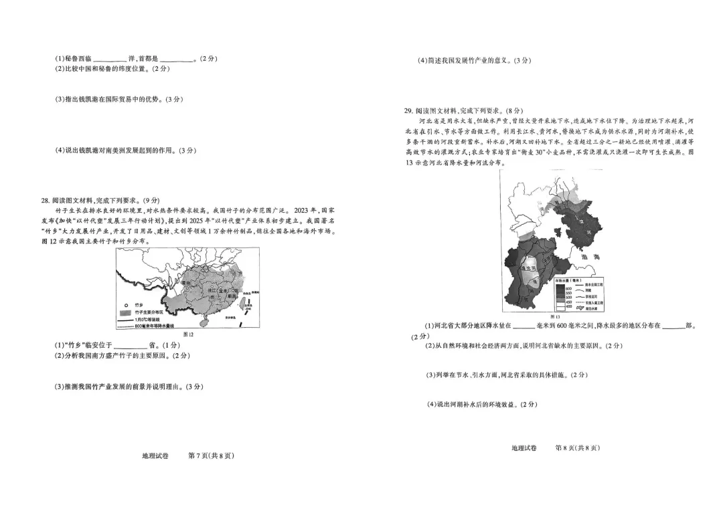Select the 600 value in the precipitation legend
[x=568, y=288]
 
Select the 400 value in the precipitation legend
[x=568, y=306]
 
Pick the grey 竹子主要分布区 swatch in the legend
[x=123, y=312]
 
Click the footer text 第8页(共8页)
[x=578, y=447]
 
